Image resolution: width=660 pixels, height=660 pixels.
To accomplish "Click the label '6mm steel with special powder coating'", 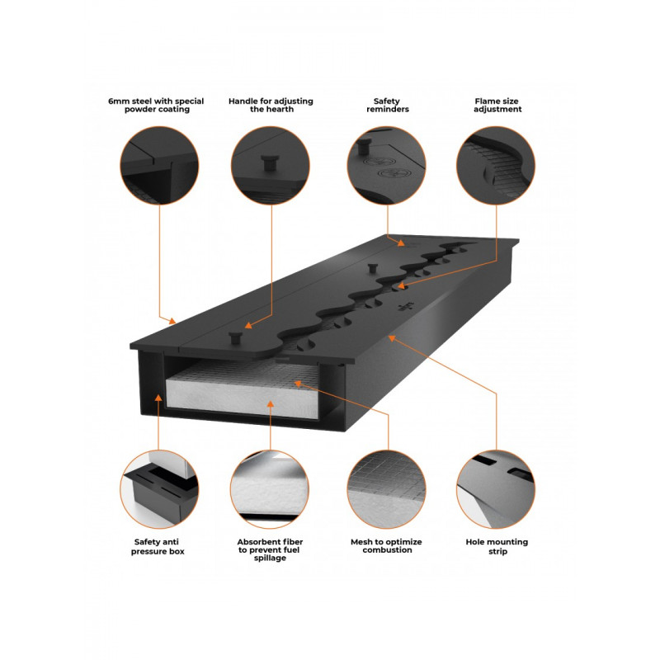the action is click(156, 106).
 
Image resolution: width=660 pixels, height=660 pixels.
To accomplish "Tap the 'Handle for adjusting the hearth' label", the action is click(271, 106).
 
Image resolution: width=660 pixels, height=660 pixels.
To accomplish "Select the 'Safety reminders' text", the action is click(387, 106).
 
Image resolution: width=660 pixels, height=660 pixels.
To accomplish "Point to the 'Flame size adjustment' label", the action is click(497, 106).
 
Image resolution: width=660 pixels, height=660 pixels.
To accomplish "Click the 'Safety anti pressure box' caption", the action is click(158, 546).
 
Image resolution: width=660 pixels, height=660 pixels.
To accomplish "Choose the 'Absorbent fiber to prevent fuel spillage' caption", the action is click(270, 549).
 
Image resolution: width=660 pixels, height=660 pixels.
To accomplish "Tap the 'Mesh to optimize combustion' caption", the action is click(386, 546).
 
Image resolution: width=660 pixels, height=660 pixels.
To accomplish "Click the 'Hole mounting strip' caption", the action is click(497, 546).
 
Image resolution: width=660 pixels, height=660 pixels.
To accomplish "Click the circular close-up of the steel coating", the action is click(159, 166).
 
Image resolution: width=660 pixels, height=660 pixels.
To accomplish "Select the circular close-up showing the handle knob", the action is click(271, 166).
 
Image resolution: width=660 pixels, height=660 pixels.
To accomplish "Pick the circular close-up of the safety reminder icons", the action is click(386, 166).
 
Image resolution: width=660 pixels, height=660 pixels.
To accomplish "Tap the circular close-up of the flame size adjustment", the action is click(496, 166).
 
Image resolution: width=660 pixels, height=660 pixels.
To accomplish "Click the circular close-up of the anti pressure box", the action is click(159, 489).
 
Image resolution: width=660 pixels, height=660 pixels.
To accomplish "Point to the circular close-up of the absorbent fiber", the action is click(270, 489).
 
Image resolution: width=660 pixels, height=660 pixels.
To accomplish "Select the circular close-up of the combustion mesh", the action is click(386, 489).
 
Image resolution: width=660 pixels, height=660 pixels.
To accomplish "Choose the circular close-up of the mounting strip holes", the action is click(496, 489).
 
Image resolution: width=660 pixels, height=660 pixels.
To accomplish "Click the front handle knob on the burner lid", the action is click(236, 338).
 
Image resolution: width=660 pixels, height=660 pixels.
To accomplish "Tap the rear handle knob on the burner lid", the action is click(372, 268).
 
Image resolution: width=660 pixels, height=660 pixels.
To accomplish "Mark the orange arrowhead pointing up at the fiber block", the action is click(271, 404).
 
